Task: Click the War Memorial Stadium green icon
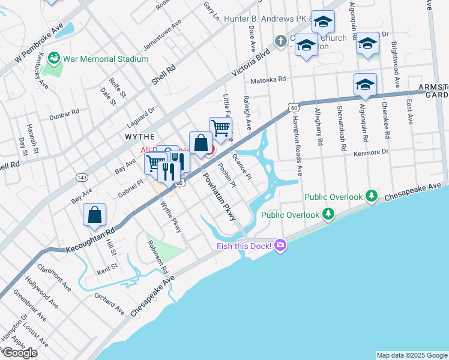pyautogui.click(x=54, y=58)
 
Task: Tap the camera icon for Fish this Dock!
pyautogui.click(x=280, y=245)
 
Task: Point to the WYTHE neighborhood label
pyautogui.click(x=140, y=137)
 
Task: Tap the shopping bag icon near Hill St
pyautogui.click(x=95, y=215)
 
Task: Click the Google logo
pyautogui.click(x=19, y=353)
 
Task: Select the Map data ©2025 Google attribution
pyautogui.click(x=412, y=355)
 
